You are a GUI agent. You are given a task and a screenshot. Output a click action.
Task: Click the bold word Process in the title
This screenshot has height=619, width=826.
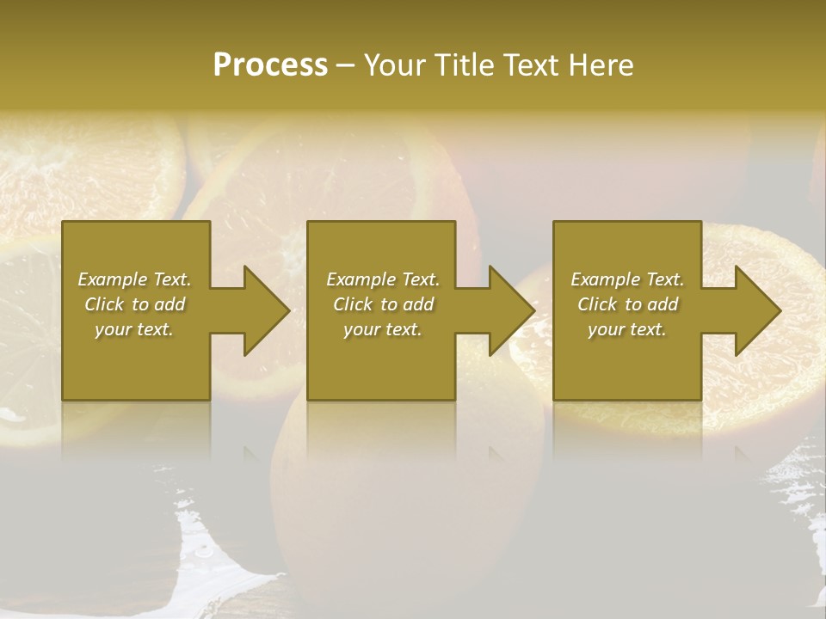coord(270,65)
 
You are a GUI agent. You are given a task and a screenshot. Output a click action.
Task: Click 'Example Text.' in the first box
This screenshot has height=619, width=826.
coord(134,279)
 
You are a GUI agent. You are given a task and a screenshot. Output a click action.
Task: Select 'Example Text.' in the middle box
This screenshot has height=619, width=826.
coord(383,279)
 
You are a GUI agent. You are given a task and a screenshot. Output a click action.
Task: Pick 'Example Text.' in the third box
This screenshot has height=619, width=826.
coord(627,279)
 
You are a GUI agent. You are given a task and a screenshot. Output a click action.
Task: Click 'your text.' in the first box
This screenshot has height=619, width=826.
coord(133,329)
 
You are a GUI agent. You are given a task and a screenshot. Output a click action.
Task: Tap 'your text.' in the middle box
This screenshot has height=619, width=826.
coord(382,329)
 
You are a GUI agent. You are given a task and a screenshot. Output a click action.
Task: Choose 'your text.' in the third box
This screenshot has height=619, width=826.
coord(626,329)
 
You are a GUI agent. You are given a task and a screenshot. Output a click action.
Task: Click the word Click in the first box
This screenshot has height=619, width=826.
coord(104,304)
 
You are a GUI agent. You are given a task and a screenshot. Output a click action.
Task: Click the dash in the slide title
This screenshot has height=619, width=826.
coord(345,65)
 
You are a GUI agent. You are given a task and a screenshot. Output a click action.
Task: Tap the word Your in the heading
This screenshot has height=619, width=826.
coord(391,65)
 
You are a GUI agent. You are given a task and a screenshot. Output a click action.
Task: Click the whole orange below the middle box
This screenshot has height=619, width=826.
coord(404,499)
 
